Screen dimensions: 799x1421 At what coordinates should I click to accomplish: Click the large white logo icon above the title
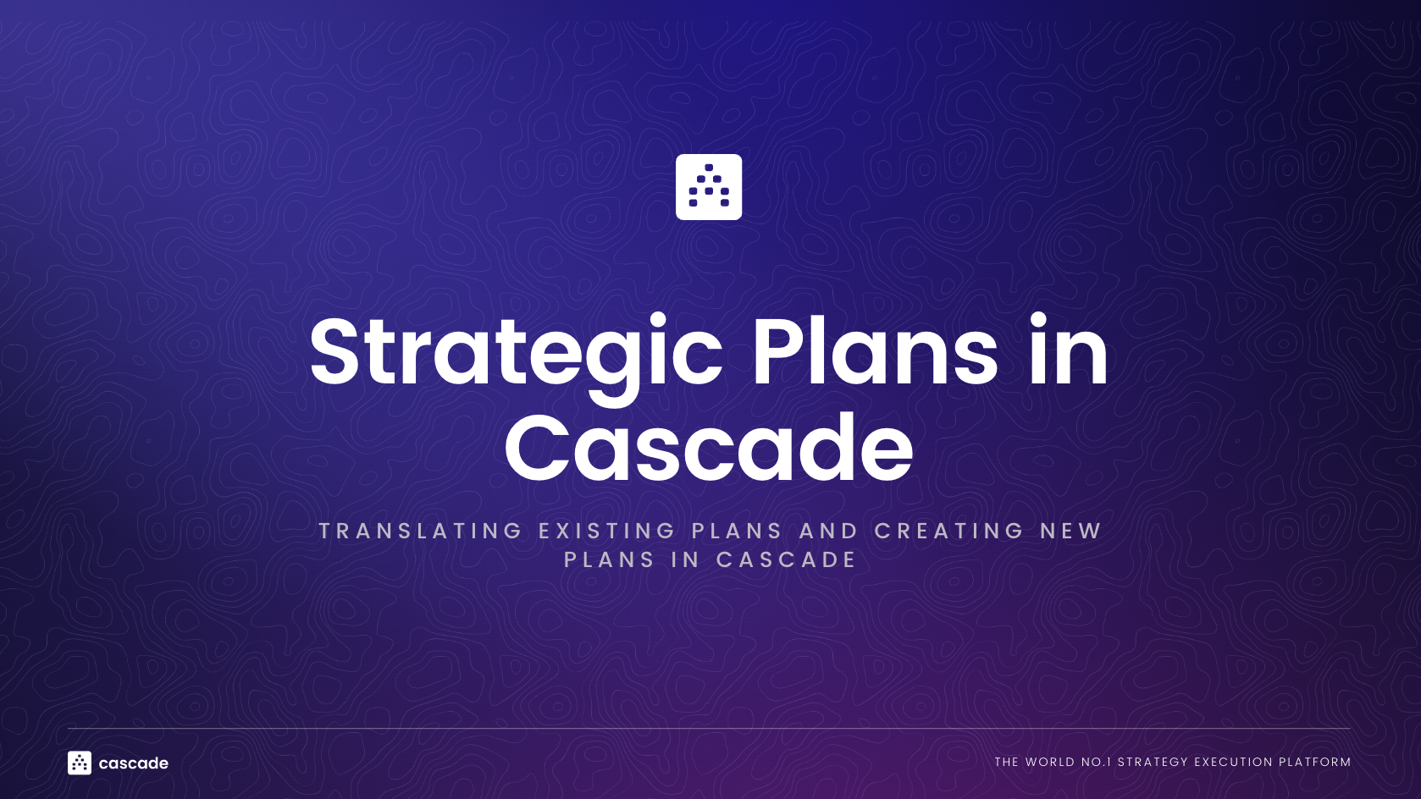pos(709,187)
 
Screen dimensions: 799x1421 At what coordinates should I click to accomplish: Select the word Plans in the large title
pos(875,352)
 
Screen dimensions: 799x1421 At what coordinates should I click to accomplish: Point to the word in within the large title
pos(1069,350)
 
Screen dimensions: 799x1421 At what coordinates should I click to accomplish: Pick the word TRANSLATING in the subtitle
pos(421,531)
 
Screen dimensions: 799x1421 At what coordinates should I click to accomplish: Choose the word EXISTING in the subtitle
pos(607,531)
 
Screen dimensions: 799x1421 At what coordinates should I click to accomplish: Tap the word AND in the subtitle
pos(829,531)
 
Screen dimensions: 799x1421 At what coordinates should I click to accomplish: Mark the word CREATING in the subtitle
pos(949,531)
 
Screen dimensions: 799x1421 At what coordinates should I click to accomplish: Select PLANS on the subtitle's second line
pos(610,559)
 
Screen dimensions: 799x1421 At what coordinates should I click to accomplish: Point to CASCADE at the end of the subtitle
pos(787,559)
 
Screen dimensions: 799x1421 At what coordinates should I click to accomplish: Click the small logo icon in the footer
pos(80,763)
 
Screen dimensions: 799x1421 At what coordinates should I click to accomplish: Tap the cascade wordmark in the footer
pos(134,763)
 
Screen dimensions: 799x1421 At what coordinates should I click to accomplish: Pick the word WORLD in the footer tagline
pos(1050,762)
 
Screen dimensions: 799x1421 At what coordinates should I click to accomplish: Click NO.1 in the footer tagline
pos(1096,762)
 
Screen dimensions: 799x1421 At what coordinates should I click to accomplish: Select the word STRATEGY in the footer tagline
pos(1153,762)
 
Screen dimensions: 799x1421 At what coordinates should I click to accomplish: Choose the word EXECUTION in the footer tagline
pos(1233,762)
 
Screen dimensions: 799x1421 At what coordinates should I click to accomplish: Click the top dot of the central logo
pos(709,168)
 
